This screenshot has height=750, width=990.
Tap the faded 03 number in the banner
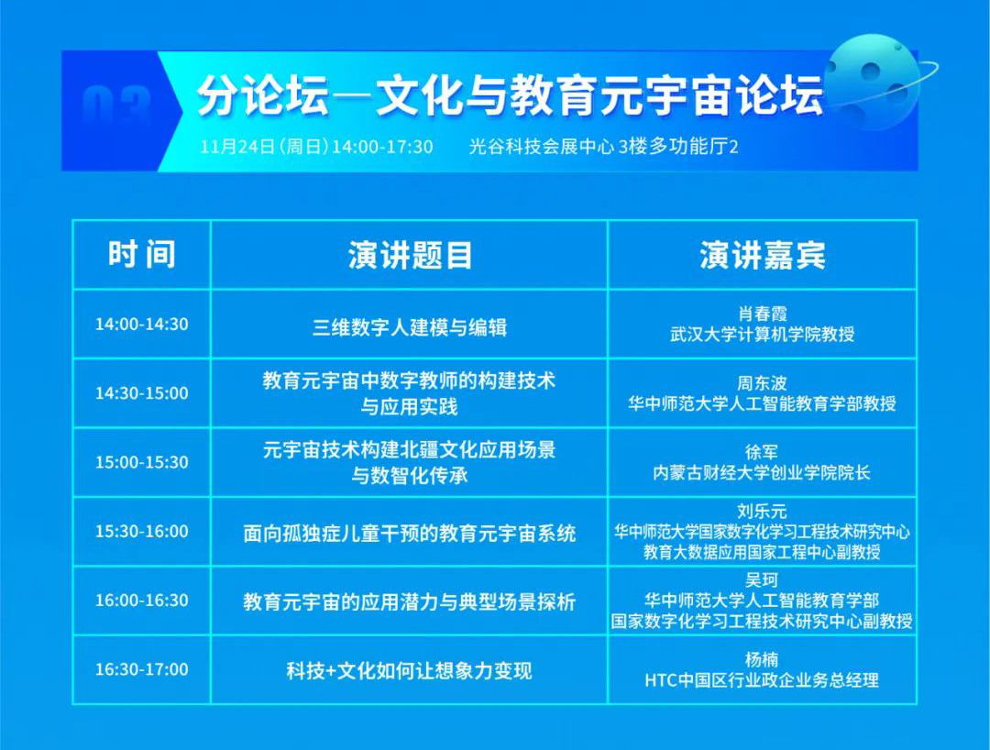point(116,105)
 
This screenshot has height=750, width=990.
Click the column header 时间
point(142,254)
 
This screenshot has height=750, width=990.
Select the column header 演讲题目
point(410,256)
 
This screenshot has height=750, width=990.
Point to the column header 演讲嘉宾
point(762,256)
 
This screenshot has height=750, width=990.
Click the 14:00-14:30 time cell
point(142,325)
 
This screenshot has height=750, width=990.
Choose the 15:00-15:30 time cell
point(142,462)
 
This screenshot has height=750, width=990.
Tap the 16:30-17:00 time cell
point(142,669)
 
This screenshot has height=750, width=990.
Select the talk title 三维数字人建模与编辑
point(410,327)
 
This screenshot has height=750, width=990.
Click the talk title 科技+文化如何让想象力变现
point(410,670)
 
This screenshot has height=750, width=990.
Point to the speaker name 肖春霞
point(762,314)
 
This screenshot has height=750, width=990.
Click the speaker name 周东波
point(762,383)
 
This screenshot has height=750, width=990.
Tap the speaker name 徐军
point(762,452)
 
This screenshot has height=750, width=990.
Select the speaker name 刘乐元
point(762,511)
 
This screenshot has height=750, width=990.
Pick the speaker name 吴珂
point(762,579)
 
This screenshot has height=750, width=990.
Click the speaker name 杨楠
point(762,660)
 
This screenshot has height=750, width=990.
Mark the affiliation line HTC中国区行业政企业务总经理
point(762,680)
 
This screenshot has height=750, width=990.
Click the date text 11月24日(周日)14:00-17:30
point(317,147)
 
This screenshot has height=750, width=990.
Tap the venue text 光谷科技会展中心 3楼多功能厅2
point(603,147)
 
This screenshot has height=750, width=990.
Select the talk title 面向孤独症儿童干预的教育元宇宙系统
point(410,534)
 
